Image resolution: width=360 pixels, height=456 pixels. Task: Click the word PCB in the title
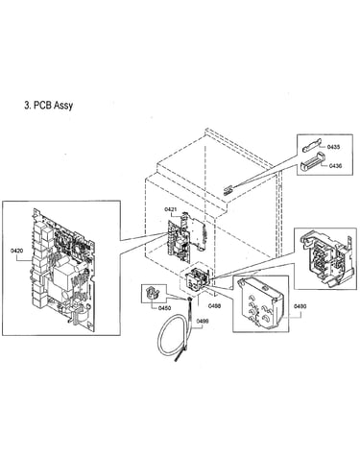[42, 105]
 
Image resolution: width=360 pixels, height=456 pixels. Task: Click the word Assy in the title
[63, 106]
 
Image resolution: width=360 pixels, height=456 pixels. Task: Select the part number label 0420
[16, 251]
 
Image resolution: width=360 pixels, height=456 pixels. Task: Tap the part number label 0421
[171, 209]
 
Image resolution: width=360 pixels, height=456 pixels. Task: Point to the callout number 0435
[334, 147]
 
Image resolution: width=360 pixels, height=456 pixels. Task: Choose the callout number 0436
[335, 166]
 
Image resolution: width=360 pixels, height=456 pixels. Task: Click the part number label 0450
[165, 308]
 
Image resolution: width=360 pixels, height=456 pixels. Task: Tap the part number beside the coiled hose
[203, 321]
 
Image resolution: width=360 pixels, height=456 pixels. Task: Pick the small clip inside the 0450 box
[153, 293]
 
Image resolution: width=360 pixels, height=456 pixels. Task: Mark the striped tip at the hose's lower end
[180, 356]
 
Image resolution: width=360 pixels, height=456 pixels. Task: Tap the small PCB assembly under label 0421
[185, 235]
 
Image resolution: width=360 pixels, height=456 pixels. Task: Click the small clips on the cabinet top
[227, 191]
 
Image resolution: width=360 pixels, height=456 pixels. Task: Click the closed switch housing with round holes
[258, 302]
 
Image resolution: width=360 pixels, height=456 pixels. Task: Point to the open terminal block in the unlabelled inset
[325, 258]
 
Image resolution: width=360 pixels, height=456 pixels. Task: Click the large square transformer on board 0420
[64, 277]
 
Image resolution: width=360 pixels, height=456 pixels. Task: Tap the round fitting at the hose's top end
[190, 300]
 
